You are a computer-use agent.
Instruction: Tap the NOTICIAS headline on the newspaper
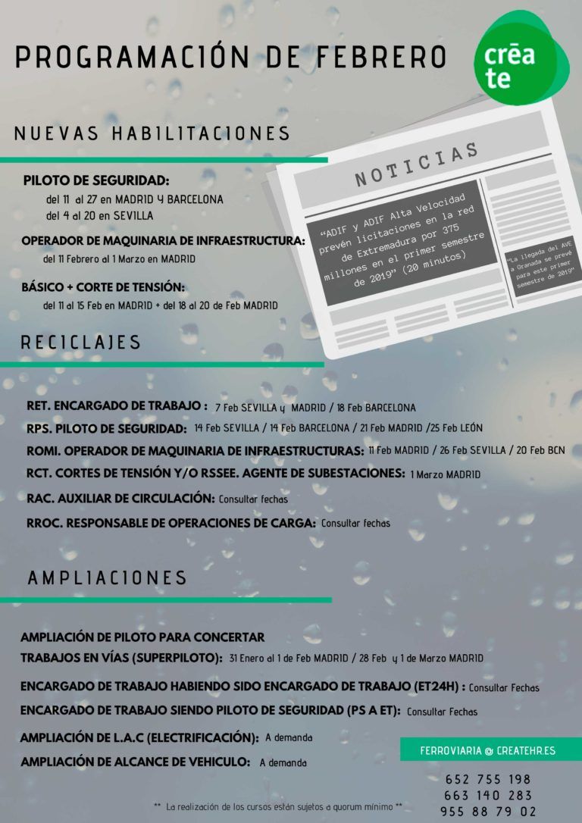point(416,164)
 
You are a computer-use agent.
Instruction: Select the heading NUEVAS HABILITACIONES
point(152,133)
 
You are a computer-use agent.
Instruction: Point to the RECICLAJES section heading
point(81,343)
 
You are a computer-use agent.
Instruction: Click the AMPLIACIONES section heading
point(107,577)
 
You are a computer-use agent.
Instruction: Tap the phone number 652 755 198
point(488,779)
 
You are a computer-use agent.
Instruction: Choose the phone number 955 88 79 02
point(488,811)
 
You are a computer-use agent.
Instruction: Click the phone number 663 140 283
point(488,795)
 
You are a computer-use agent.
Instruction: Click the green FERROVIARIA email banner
point(488,750)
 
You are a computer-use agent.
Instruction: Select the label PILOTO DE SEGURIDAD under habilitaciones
point(96,181)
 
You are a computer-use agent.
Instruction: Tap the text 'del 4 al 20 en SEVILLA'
point(99,216)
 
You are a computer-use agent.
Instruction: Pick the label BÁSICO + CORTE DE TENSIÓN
point(103,287)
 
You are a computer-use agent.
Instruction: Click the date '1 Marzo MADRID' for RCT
point(445,475)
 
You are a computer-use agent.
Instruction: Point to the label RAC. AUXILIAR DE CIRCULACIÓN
point(120,498)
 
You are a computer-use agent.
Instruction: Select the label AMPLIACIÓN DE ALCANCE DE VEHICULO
point(135,761)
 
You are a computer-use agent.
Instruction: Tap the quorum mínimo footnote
point(277,806)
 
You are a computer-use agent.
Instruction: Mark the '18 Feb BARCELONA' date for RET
point(376,408)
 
